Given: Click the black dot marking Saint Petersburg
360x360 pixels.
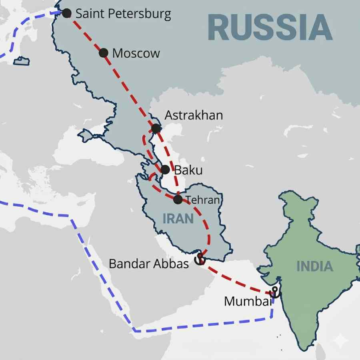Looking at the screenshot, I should coord(67,13).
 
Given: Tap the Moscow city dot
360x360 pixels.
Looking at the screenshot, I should coord(104,52).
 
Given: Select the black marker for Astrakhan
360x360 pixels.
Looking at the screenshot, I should coord(156,128).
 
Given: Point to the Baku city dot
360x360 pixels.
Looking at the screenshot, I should coord(165,170).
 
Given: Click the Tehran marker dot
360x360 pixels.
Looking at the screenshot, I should coord(178,199).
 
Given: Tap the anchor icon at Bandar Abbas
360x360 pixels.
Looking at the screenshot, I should coord(199,260).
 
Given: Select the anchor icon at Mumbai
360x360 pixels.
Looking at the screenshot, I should coord(275,292).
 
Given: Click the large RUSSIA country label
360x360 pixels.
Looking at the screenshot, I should coord(270,28).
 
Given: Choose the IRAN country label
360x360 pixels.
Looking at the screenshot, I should coord(178,218).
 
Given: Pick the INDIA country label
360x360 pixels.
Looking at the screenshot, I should coord(315,266).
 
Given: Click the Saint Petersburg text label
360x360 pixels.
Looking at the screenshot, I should coord(123,14).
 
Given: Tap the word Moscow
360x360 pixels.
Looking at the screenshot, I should coord(136,53).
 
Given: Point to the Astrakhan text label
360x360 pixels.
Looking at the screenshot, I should coord(194,116).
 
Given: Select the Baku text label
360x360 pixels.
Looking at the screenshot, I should coord(188,170).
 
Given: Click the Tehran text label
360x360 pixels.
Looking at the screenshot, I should coord(203,200).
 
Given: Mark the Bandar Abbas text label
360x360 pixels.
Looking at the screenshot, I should coord(149,264).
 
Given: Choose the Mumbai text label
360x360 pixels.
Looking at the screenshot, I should coord(247,301).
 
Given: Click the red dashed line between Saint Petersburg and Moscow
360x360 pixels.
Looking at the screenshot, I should coord(85,33).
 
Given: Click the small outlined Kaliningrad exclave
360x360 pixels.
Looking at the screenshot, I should coord(22,61).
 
